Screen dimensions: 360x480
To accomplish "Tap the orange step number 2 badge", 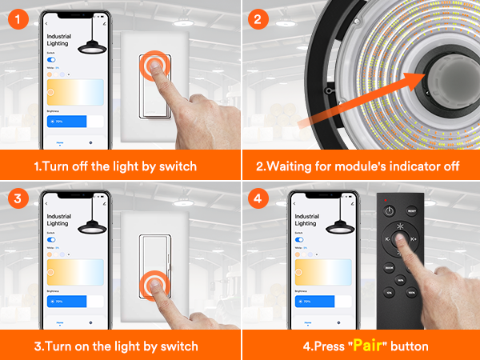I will [256, 16].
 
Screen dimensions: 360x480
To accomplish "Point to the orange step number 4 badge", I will [256, 196].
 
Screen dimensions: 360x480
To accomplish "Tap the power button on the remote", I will [390, 211].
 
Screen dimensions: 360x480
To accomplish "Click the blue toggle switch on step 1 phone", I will [52, 59].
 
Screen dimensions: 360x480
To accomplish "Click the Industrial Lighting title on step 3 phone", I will [58, 222].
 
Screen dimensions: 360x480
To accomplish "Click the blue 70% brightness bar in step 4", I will [308, 301].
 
